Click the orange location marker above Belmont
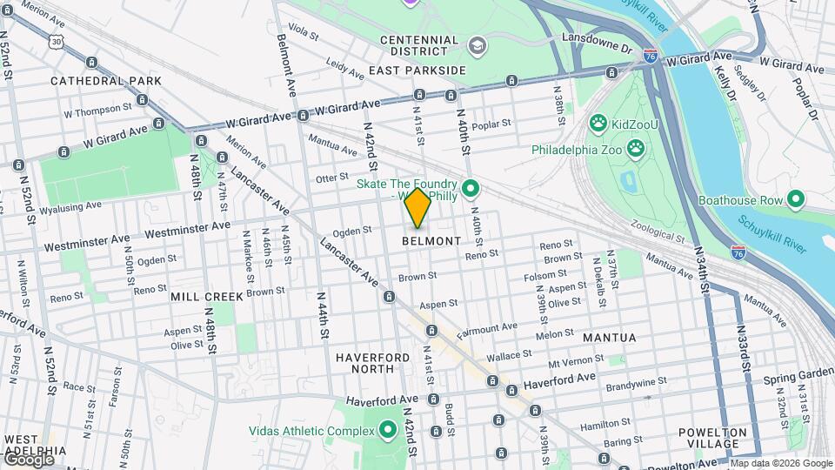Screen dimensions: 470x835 tap(418, 208)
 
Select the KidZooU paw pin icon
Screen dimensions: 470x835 tap(598, 123)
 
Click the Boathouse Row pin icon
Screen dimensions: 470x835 tap(795, 199)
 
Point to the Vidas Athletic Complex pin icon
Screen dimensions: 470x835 tap(387, 430)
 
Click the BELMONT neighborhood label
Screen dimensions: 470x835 tap(431, 241)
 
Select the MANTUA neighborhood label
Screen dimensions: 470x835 tap(609, 337)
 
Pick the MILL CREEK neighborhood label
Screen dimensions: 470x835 tap(207, 297)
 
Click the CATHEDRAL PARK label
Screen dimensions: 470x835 tap(106, 81)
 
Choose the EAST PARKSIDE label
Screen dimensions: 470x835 tap(417, 70)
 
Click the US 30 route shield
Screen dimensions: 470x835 tap(57, 41)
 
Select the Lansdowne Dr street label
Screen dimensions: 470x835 tap(597, 45)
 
